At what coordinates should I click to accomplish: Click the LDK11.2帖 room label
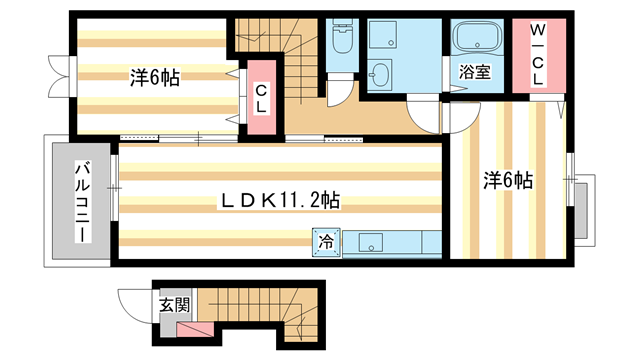point(280,201)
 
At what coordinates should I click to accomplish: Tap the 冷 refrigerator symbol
point(326,242)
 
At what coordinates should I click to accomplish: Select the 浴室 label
point(475,72)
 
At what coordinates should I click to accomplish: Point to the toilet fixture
point(342,38)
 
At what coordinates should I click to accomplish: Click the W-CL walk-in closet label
point(538,55)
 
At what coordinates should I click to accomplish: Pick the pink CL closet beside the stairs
point(261,97)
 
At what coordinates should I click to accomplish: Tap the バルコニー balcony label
point(82,202)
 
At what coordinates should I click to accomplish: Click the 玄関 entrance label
point(175,305)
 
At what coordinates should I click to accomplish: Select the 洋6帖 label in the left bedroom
point(155,78)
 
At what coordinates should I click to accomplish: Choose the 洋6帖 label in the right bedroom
point(508,180)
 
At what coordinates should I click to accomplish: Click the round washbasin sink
point(379,75)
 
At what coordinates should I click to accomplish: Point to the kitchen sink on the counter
point(371,242)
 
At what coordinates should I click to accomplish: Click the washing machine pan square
point(382,34)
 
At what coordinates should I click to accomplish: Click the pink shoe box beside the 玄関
point(195,330)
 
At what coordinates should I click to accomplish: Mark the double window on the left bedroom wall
point(60,76)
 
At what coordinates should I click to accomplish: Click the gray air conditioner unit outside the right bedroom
point(581,211)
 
